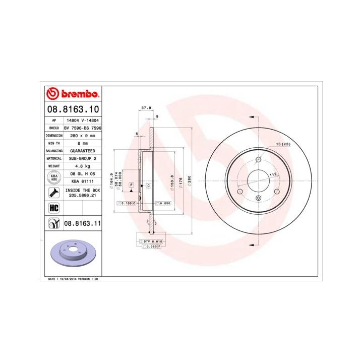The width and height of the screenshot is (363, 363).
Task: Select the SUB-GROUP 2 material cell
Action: (x=81, y=158)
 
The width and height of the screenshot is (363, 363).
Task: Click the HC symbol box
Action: (x=52, y=207)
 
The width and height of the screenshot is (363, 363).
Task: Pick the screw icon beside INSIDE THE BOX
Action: (x=52, y=192)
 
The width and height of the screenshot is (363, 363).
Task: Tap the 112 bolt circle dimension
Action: (x=273, y=174)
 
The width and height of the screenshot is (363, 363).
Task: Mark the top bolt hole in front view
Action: (x=259, y=160)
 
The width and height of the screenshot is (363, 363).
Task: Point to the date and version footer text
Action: (x=73, y=278)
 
